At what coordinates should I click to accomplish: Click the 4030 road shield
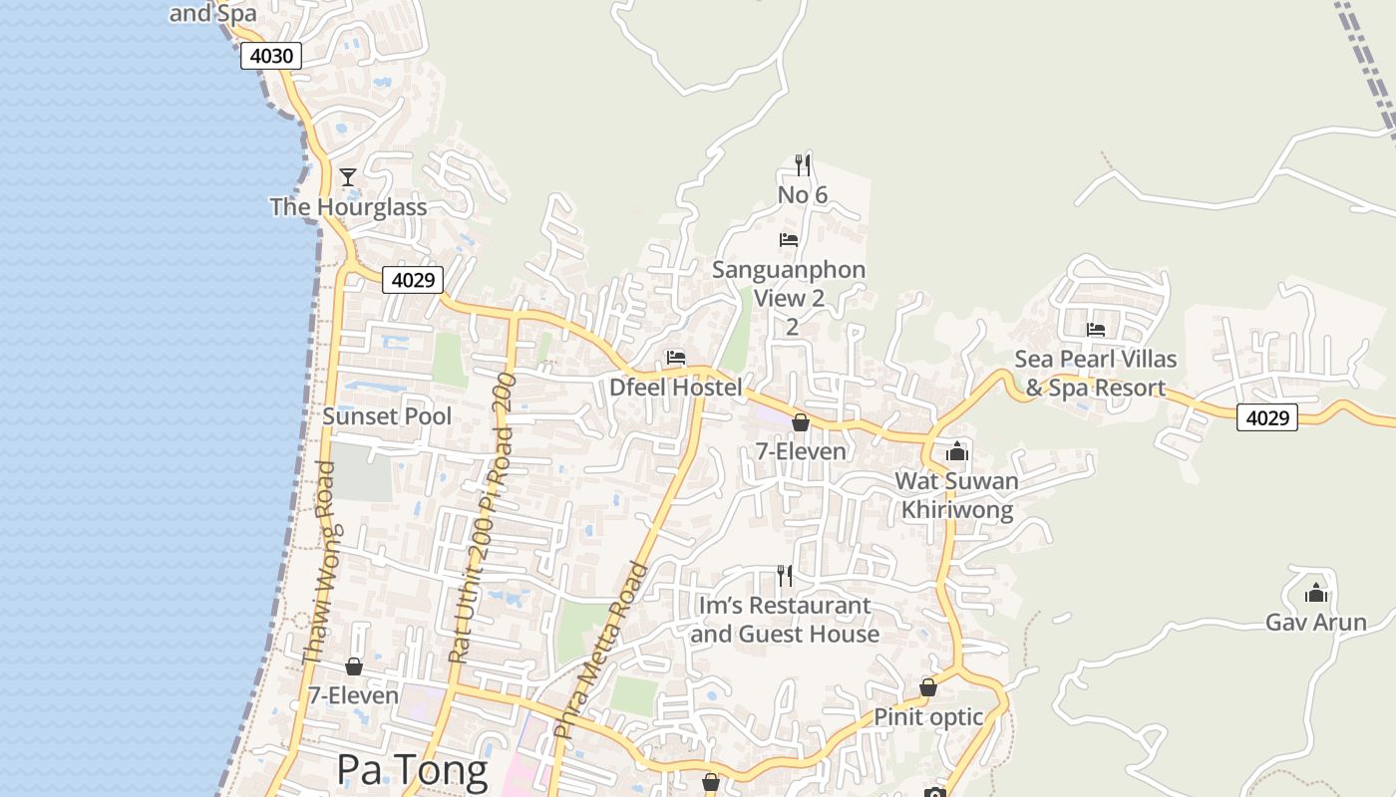point(271,56)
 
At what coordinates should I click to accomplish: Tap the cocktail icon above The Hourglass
point(348,177)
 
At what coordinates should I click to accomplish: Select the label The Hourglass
point(348,207)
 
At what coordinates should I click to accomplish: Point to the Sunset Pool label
point(387,416)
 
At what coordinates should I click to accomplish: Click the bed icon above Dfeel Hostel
point(676,358)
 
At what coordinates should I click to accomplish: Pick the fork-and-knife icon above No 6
point(802,164)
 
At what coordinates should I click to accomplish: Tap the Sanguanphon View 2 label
point(789,284)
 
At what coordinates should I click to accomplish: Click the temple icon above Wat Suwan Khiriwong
point(957,451)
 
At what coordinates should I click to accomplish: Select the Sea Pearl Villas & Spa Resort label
point(1096,374)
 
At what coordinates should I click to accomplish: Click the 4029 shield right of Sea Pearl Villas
point(1267,417)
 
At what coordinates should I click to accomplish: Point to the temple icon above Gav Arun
point(1316,593)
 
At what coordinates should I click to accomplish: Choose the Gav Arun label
point(1316,623)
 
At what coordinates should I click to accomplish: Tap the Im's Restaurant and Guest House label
point(785,620)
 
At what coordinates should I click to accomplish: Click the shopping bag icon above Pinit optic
point(928,687)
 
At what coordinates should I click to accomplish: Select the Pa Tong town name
point(412,770)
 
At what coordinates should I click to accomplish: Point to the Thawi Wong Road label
point(317,563)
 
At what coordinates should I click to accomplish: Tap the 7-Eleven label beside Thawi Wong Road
point(353,695)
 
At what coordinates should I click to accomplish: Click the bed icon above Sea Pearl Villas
point(1096,330)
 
